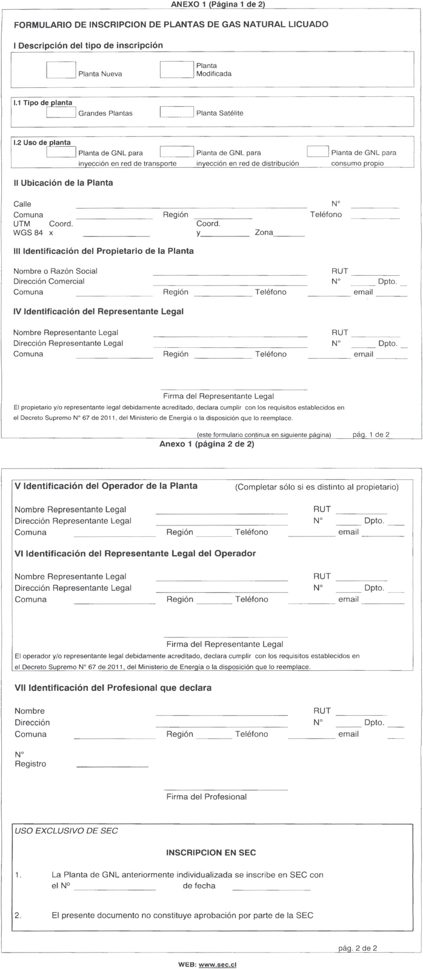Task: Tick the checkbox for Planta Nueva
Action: click(61, 70)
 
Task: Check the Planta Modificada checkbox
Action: click(176, 70)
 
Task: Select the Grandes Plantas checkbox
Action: click(61, 112)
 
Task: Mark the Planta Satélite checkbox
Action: click(176, 112)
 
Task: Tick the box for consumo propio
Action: click(318, 152)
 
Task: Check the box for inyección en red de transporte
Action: click(61, 152)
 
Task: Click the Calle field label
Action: click(22, 204)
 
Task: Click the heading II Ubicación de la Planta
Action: click(63, 182)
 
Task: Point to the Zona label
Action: click(264, 233)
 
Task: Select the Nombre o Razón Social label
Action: click(55, 271)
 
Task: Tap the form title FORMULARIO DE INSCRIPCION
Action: click(171, 24)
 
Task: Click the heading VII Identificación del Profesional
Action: click(113, 688)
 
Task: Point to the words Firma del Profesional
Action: click(206, 796)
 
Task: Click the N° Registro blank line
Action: click(112, 767)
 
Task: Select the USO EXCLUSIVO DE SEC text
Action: click(66, 830)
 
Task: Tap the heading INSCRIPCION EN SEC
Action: click(211, 853)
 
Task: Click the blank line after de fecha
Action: click(271, 889)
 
